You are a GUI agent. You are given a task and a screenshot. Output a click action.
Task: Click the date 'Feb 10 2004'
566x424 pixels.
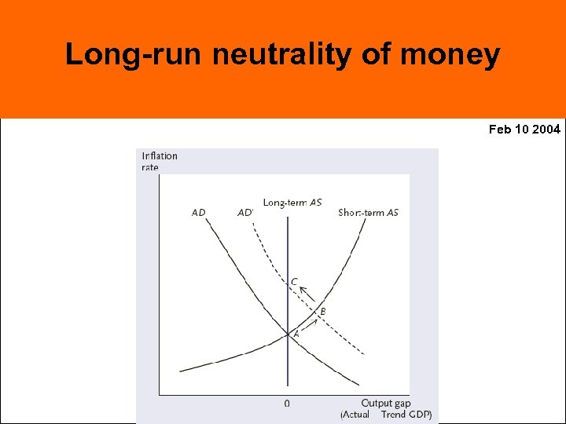pos(524,129)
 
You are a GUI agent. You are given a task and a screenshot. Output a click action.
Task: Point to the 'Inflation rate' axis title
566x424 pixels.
pos(160,161)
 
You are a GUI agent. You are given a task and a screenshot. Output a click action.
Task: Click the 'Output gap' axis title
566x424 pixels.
pos(385,403)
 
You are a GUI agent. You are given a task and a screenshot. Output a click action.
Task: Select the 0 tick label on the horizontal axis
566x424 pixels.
pos(287,403)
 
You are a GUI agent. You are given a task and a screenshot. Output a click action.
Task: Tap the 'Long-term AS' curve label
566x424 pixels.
pos(292,203)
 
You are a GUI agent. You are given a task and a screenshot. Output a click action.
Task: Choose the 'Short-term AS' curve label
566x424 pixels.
pos(368,213)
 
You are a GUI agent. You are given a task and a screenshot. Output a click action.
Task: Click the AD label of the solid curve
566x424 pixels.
pos(198,213)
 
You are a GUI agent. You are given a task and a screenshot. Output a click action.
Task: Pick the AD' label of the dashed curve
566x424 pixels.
pos(245,213)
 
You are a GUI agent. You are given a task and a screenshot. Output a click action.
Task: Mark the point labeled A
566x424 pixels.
pos(296,334)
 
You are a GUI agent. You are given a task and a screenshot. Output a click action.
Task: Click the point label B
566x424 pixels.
pos(322,312)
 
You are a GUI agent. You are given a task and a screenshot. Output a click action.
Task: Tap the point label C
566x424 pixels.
pos(294,281)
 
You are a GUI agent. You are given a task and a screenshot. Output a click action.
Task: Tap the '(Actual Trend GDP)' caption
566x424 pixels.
pos(386,414)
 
